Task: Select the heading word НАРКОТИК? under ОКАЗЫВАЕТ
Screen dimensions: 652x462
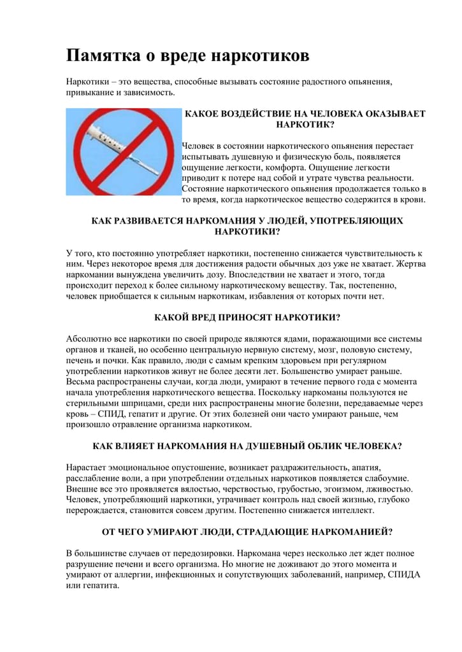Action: pos(305,125)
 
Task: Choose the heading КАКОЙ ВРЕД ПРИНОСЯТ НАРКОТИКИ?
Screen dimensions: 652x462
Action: pos(247,317)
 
